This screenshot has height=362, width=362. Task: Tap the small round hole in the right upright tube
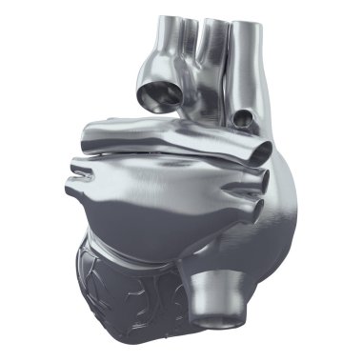(245, 118)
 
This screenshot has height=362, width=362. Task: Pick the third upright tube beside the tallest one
(214, 24)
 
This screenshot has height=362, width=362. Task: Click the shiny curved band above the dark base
(143, 250)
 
